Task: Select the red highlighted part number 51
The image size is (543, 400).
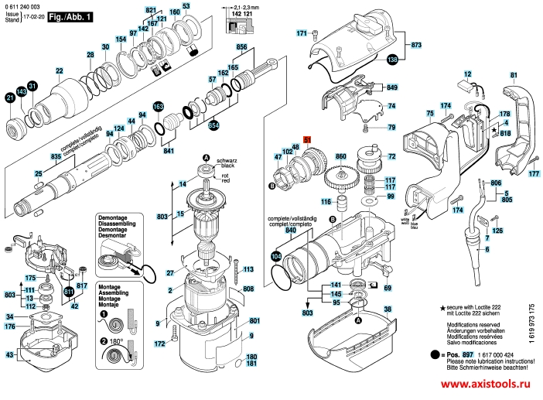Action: pos(306,139)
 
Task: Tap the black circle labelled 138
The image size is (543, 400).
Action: pos(392,60)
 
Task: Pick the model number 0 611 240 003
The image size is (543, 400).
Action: pos(23,6)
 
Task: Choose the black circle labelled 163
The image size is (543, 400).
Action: pos(159,107)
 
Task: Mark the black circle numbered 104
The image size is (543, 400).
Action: pos(277,255)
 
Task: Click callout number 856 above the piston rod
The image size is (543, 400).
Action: pos(241,47)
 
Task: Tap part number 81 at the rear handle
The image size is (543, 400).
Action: pos(512,75)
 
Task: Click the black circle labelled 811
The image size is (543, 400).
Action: pos(69,291)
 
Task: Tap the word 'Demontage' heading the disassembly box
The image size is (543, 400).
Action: pos(112,219)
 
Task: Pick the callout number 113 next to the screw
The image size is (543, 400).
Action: pos(248,269)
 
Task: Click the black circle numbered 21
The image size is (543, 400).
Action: pos(10,98)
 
